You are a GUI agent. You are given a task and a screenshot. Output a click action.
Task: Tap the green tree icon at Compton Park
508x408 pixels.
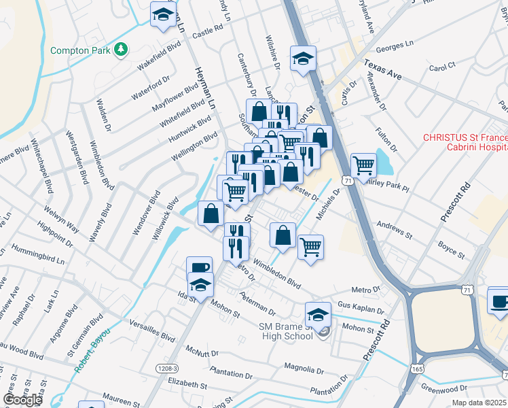121,49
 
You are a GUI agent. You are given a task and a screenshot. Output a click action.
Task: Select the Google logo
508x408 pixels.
22,399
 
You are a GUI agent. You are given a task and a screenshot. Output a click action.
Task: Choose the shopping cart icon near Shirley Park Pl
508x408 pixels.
363,164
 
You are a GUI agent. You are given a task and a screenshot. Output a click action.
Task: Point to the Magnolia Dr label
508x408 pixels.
304,369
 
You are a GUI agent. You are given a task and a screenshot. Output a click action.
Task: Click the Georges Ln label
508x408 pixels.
395,46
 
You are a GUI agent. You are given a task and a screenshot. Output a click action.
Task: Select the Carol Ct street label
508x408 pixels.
441,68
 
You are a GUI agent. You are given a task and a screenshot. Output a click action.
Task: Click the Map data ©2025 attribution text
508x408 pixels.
479,403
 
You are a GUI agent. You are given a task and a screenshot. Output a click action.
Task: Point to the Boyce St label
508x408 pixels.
451,250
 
